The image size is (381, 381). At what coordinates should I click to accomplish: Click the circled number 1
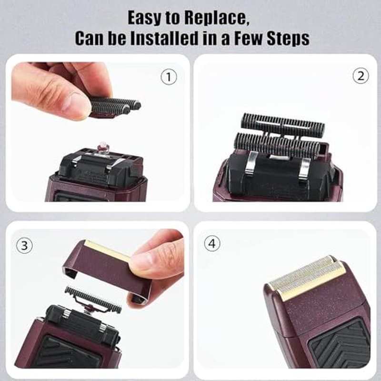pos(169,77)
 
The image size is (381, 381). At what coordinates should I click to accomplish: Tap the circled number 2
pos(361,76)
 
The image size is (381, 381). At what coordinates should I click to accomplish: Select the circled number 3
pos(24,246)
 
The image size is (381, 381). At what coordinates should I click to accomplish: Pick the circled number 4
pos(212,243)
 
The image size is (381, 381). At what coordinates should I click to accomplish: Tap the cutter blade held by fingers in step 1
pos(115,107)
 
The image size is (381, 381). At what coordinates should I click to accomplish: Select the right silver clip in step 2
pos(304,168)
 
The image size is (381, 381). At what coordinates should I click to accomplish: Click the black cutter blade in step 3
pos(93,300)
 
